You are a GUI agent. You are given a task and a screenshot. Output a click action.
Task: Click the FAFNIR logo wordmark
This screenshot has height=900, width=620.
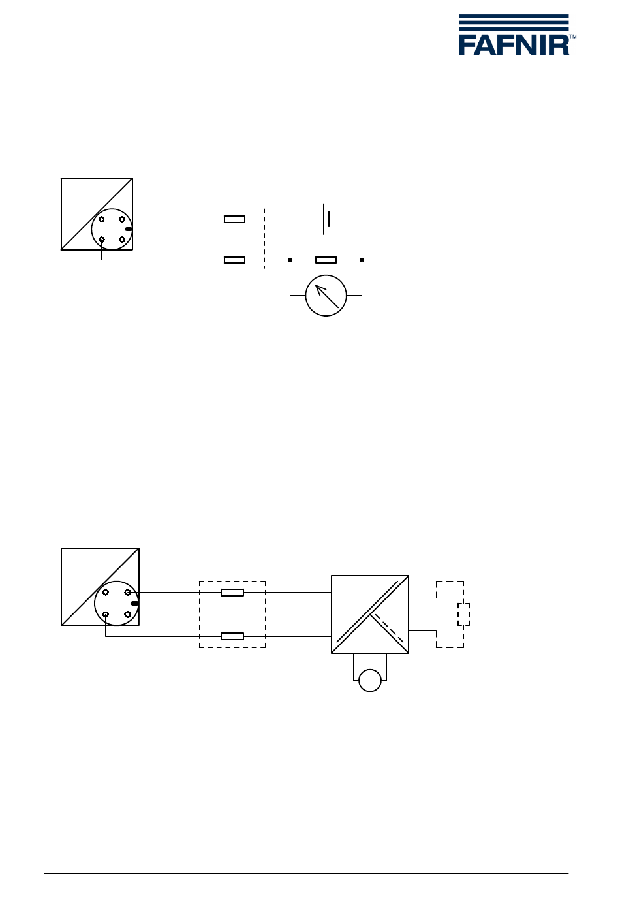pyautogui.click(x=514, y=45)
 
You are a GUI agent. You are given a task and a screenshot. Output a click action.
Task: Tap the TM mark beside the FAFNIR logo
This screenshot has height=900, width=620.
pyautogui.click(x=573, y=37)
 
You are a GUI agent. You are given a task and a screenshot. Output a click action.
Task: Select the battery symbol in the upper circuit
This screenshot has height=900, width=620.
pyautogui.click(x=326, y=219)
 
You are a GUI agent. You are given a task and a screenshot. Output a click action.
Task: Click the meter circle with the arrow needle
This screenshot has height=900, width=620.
pyautogui.click(x=326, y=295)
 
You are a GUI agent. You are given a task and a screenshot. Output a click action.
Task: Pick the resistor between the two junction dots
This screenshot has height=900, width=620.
pyautogui.click(x=326, y=260)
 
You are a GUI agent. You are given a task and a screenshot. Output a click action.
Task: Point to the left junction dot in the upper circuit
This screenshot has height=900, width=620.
pyautogui.click(x=290, y=260)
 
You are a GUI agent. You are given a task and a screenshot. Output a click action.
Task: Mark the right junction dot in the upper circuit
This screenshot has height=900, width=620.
pyautogui.click(x=362, y=260)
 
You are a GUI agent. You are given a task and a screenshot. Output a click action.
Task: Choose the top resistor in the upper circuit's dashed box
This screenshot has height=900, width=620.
pyautogui.click(x=234, y=219)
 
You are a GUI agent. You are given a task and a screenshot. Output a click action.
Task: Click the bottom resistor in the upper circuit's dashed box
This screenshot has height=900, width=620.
pyautogui.click(x=234, y=260)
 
